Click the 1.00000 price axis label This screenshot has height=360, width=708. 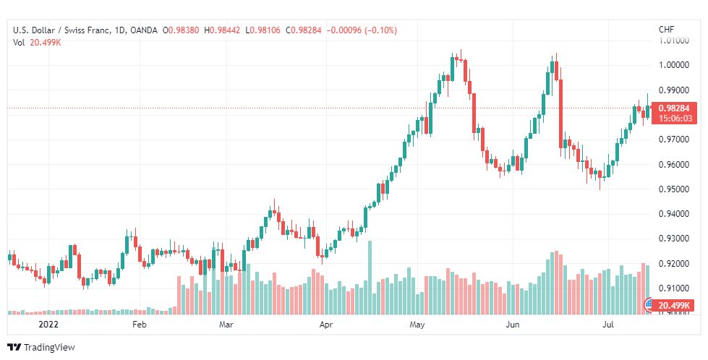(674, 65)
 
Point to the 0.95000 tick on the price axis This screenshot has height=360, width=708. (674, 189)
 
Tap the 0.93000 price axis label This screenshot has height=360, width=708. (674, 239)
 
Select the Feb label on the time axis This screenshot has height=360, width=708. (140, 325)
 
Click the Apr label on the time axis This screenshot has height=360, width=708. (325, 325)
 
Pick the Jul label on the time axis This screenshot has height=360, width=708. (608, 325)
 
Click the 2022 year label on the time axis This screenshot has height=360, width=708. (48, 325)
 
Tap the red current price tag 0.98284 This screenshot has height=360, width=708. (674, 108)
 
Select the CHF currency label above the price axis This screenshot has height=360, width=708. (667, 30)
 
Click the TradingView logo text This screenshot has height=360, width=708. (48, 348)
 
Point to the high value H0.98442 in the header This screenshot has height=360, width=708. (222, 30)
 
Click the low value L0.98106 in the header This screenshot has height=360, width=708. (263, 30)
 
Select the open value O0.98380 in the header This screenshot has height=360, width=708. (181, 30)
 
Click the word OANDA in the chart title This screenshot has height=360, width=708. (143, 30)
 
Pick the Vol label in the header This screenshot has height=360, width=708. (19, 43)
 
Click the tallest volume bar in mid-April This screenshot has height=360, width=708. (370, 278)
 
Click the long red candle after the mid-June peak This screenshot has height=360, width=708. (560, 113)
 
